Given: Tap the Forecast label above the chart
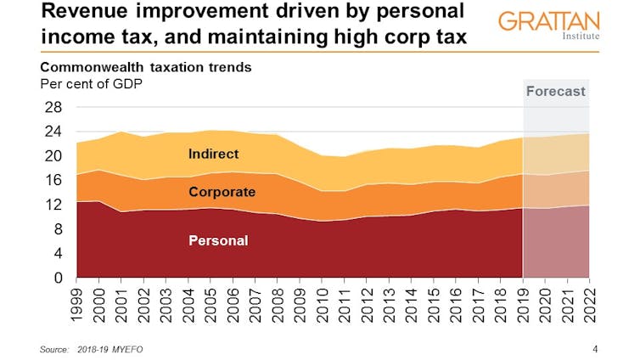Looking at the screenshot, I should click(x=555, y=91).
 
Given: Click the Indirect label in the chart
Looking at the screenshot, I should click(x=213, y=154).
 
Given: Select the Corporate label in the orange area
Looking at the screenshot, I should click(x=222, y=192).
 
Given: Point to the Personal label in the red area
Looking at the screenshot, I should click(x=218, y=240).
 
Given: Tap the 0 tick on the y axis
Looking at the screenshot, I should click(x=57, y=278).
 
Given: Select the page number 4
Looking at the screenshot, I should click(x=594, y=349).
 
